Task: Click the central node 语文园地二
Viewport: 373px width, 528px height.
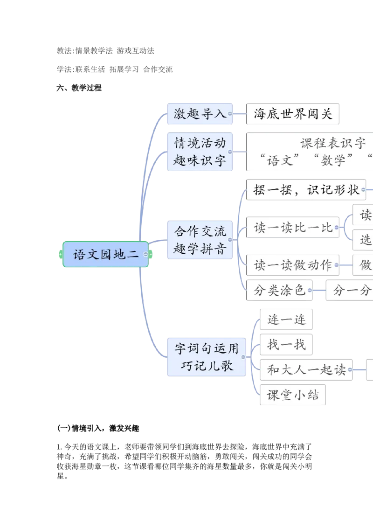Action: [x=105, y=255]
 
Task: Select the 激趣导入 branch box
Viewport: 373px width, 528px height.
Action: [x=200, y=114]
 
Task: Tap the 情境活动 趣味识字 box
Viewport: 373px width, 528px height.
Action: [x=200, y=151]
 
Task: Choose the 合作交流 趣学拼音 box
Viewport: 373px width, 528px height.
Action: [x=200, y=240]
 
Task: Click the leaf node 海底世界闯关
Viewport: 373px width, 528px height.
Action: [x=293, y=114]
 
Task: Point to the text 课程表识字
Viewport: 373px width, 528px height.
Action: [x=333, y=143]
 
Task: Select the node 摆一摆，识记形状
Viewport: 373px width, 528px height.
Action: [x=306, y=190]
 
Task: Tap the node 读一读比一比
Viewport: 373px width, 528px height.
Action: [x=293, y=228]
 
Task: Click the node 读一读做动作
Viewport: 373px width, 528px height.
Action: [x=293, y=265]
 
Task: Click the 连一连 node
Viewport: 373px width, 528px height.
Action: [x=286, y=319]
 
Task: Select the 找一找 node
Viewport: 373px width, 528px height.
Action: [x=286, y=345]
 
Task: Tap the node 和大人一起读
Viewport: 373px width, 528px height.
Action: [x=306, y=370]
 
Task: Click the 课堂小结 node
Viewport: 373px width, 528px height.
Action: [x=293, y=396]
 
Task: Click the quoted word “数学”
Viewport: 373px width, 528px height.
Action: [x=333, y=160]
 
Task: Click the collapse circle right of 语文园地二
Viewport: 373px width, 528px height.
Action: [x=146, y=255]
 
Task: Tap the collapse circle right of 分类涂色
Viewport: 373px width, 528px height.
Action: [x=310, y=291]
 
